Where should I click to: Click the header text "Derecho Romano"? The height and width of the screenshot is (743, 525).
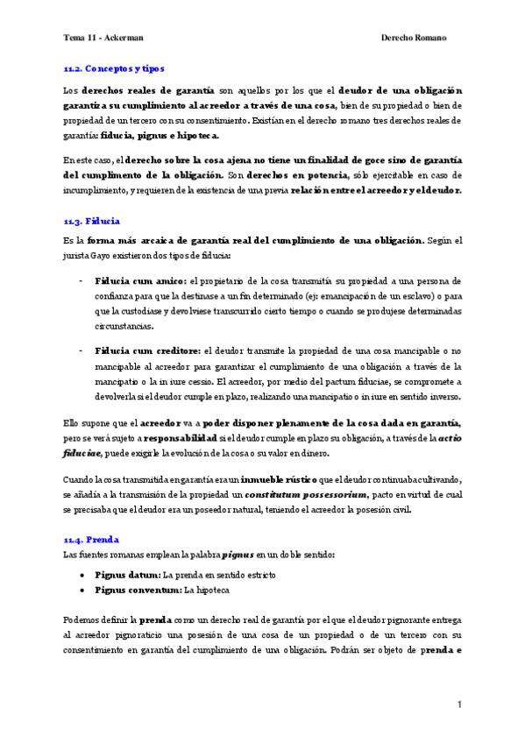(x=415, y=38)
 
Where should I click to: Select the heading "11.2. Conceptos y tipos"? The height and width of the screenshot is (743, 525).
(x=114, y=67)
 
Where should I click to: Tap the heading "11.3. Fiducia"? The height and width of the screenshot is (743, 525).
(x=92, y=221)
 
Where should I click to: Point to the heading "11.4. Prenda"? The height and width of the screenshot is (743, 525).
(x=91, y=540)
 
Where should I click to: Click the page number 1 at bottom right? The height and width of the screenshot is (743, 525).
(x=458, y=704)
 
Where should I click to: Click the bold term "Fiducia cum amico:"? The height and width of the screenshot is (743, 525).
(x=140, y=280)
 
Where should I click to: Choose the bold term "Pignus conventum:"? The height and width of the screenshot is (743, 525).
(x=138, y=591)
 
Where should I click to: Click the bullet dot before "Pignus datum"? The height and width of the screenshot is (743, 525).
(x=82, y=575)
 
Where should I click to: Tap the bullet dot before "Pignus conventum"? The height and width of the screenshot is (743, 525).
(x=82, y=591)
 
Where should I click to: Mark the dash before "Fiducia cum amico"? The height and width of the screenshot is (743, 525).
(x=82, y=280)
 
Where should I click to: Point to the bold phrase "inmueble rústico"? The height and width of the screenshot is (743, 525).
(x=284, y=479)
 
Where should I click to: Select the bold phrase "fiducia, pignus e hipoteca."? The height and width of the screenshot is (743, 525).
(x=160, y=136)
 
